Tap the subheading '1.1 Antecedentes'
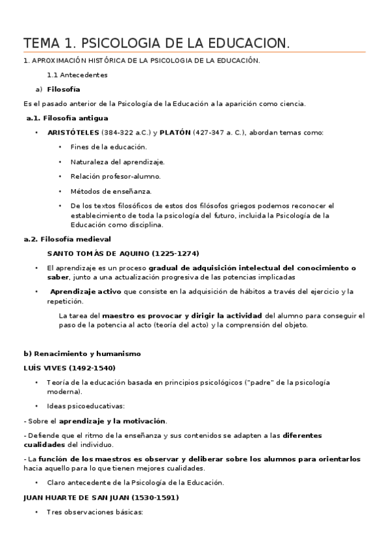[82, 75]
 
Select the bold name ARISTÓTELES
[73, 133]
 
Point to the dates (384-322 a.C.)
[127, 133]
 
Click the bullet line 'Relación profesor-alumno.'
[115, 176]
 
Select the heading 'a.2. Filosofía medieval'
[67, 239]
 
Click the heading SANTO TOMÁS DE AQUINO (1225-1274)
[123, 253]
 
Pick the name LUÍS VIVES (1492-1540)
[69, 368]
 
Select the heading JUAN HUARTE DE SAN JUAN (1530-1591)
[101, 497]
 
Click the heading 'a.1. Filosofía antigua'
[67, 118]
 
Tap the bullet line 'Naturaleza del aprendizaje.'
[118, 162]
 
